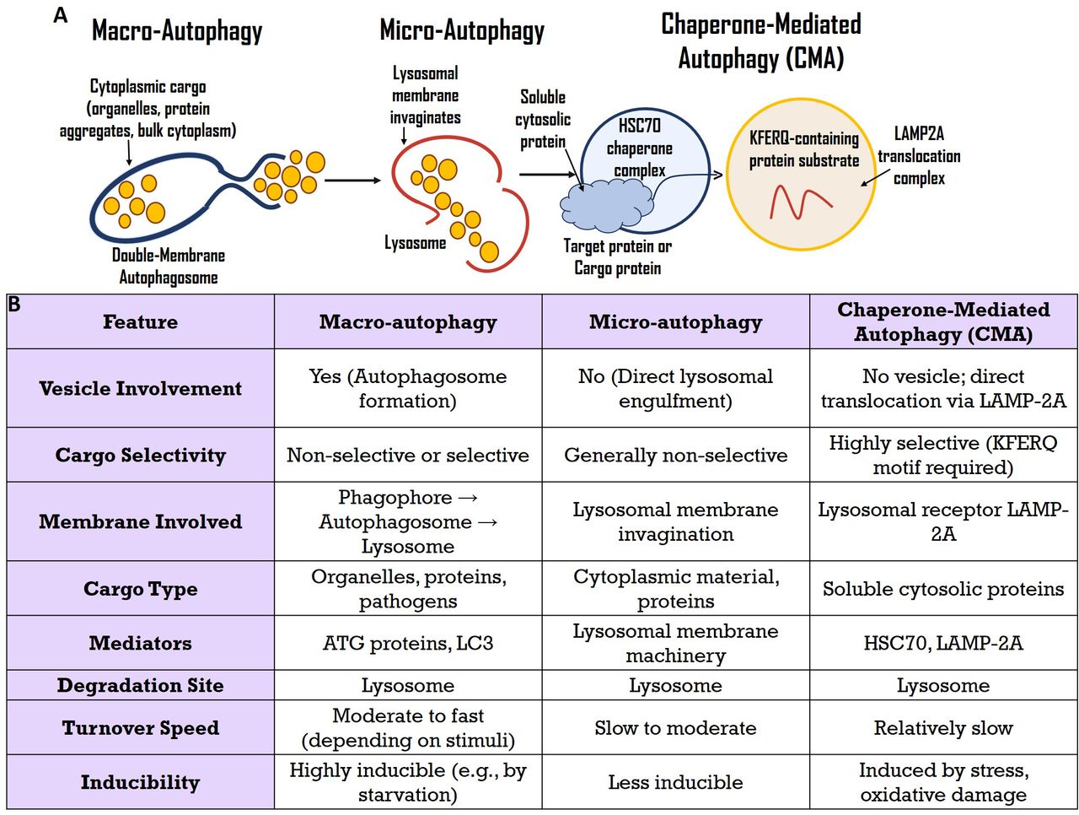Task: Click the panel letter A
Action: (x=60, y=15)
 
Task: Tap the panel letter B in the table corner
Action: (x=13, y=305)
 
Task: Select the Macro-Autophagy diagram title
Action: (x=177, y=31)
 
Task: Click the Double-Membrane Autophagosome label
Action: (x=168, y=266)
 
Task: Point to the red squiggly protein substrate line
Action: (x=800, y=202)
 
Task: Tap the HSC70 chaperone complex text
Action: (x=639, y=148)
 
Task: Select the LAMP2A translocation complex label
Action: (x=919, y=156)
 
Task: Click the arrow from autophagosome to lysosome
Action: (x=352, y=181)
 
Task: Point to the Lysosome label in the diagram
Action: (x=415, y=243)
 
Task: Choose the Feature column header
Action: (x=140, y=321)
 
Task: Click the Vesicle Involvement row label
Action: (x=140, y=388)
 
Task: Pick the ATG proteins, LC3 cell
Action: (x=407, y=642)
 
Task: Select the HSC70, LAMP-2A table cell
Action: (x=942, y=642)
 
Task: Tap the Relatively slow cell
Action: (x=942, y=727)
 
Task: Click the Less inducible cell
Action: (x=675, y=781)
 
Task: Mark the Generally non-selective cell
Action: (x=675, y=455)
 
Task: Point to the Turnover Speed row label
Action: (x=140, y=727)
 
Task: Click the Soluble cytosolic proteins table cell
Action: (x=942, y=588)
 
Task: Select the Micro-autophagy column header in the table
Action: (x=675, y=321)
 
